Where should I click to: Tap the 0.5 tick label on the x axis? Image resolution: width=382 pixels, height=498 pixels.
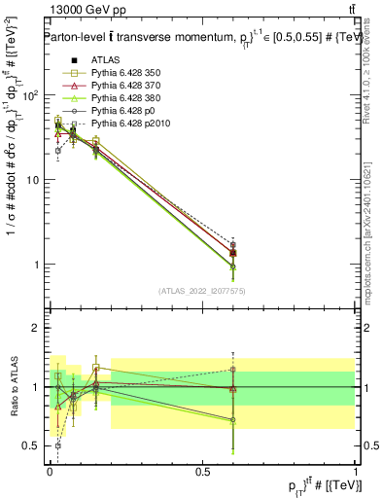point(202,472)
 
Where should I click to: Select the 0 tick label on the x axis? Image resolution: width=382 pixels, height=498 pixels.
point(50,472)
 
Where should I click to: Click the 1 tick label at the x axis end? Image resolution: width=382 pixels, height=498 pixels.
point(355,472)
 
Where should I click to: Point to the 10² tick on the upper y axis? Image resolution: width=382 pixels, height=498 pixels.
point(31,95)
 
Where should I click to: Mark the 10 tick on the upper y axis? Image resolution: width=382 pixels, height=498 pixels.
point(33,180)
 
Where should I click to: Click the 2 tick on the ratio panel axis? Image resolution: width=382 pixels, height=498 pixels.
point(37,328)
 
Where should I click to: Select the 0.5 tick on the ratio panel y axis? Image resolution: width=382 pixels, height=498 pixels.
point(31,446)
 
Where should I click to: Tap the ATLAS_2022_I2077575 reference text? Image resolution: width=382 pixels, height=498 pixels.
point(202,291)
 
